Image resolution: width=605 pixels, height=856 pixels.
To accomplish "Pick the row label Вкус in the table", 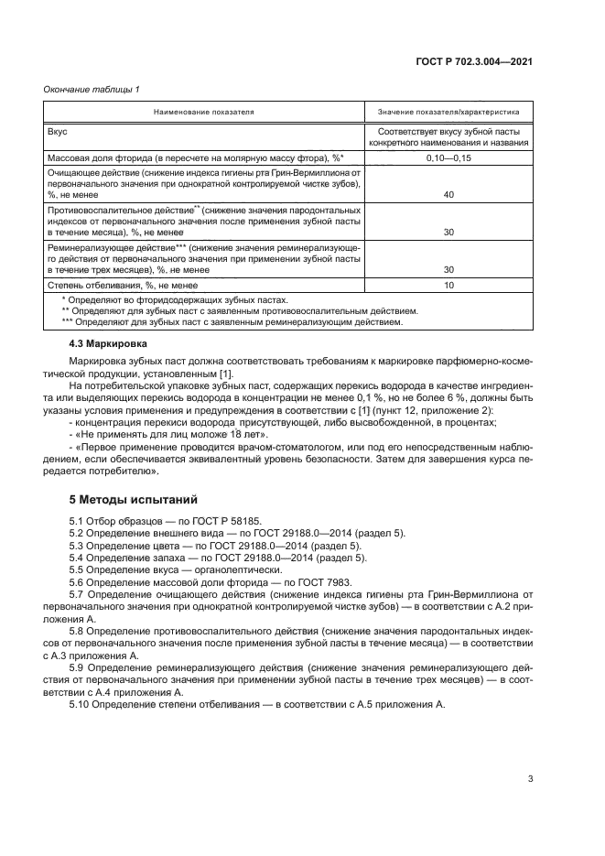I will tap(57, 132).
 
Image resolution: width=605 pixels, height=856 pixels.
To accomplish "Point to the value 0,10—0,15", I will tap(448, 158).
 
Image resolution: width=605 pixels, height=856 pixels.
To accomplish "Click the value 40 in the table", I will tap(448, 194).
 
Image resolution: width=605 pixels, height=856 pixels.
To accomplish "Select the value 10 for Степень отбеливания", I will tap(448, 286).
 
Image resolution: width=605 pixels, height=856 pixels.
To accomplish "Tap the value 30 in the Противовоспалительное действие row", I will tap(448, 233).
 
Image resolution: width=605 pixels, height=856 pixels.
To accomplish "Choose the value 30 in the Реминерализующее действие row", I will tap(448, 270).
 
